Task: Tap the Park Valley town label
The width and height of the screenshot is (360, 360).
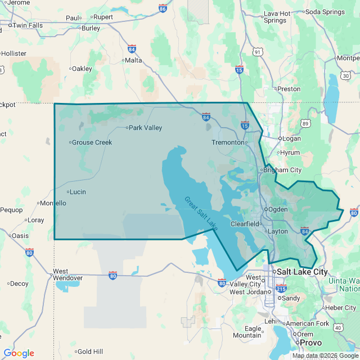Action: pos(145,128)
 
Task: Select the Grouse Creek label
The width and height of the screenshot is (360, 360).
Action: pos(92,142)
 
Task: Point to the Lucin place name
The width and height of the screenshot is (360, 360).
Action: pos(78,192)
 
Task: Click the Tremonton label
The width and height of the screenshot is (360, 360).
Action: pos(228,142)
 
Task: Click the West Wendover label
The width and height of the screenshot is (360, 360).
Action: pos(67,274)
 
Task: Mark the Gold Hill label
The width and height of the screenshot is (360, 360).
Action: pos(90,351)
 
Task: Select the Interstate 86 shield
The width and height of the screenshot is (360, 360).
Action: pos(163,8)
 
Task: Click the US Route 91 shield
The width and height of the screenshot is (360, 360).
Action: pos(258,52)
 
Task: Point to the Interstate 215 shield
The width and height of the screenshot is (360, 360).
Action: pos(280,289)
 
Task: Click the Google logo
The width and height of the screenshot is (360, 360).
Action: pos(19,353)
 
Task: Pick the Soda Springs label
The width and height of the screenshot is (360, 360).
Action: pos(326,11)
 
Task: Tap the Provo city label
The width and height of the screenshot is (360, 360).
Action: pos(310,343)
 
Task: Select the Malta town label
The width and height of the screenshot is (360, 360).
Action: pos(133,60)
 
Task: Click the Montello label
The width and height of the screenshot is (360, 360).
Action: pos(54,203)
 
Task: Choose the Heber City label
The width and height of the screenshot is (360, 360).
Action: pos(341,308)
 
